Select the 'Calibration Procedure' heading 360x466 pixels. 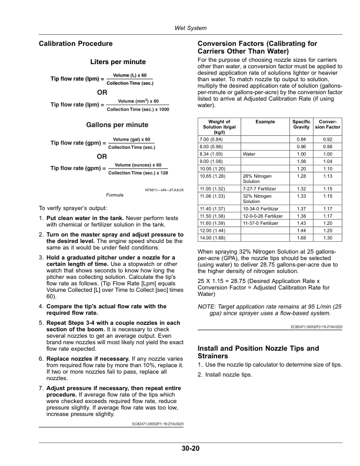coord(75,44)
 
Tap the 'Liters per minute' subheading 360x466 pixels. coord(118,62)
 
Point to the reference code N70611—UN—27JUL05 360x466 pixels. coord(164,190)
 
